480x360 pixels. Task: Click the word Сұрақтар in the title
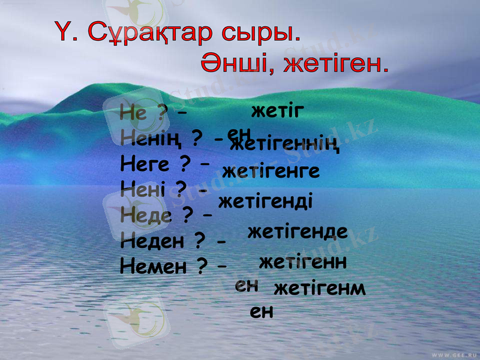[144, 33]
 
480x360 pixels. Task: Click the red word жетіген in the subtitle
[335, 63]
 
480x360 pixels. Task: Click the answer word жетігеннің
[286, 144]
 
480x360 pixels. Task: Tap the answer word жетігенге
[271, 171]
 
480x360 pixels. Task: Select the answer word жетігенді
[265, 200]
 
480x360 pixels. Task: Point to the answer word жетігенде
[298, 232]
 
